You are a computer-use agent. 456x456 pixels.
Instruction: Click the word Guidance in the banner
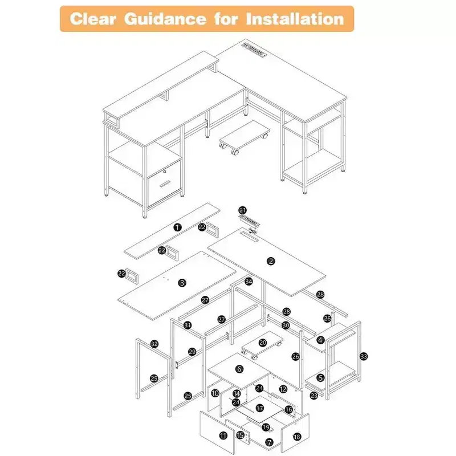(x=165, y=19)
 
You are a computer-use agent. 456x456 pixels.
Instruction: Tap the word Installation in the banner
(x=295, y=19)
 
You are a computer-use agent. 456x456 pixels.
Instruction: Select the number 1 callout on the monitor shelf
(x=177, y=227)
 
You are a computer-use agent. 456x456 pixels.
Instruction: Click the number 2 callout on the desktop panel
(x=271, y=261)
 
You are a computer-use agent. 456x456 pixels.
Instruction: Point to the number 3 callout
(x=182, y=283)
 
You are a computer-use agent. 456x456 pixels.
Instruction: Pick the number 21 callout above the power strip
(x=243, y=210)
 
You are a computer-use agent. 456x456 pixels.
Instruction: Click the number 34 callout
(x=249, y=282)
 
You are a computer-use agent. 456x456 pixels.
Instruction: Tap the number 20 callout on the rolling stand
(x=263, y=343)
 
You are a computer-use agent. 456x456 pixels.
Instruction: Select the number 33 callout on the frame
(x=364, y=356)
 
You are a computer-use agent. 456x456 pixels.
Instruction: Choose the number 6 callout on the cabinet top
(x=239, y=369)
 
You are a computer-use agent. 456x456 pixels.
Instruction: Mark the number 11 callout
(x=223, y=435)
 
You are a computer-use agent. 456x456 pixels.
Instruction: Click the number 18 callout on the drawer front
(x=297, y=437)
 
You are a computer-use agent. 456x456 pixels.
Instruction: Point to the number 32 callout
(x=154, y=344)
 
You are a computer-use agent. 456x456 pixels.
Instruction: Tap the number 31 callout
(x=188, y=325)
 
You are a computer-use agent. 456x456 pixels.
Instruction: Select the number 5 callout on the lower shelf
(x=320, y=378)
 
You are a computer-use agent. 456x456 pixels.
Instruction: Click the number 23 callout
(x=314, y=396)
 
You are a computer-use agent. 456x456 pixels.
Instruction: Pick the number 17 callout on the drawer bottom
(x=260, y=408)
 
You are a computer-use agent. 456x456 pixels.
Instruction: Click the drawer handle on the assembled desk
(x=165, y=184)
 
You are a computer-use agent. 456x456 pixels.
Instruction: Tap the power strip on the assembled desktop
(x=254, y=50)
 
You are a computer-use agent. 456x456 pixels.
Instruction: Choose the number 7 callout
(x=269, y=443)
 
